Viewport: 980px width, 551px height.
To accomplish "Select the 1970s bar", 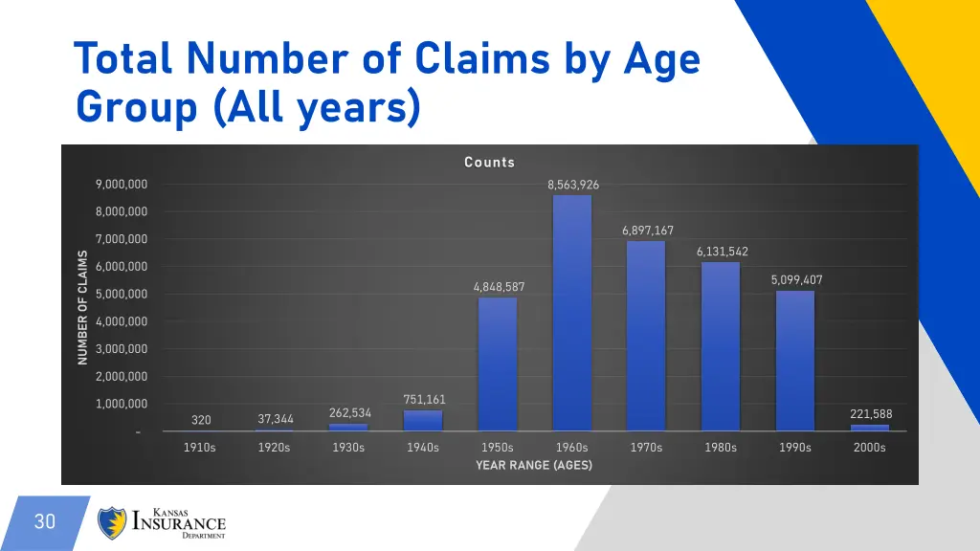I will coord(646,336).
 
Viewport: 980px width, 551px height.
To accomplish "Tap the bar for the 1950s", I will coord(498,364).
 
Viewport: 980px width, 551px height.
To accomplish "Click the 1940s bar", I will coord(423,421).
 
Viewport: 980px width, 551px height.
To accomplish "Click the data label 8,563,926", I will coord(573,185).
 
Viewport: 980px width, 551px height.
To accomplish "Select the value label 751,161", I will coord(424,400).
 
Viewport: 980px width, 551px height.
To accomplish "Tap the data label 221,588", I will coord(871,414).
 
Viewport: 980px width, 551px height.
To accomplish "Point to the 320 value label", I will coord(201,420).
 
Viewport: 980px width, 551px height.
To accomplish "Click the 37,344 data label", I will coord(276,419).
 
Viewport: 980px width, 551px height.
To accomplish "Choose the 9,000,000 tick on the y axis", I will coord(122,184).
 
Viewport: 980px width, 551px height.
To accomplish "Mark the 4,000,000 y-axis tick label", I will coord(122,321).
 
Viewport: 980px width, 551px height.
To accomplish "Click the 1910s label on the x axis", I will coord(200,447).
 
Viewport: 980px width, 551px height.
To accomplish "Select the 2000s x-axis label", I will coord(870,447).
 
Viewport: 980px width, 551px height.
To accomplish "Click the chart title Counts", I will coord(490,163).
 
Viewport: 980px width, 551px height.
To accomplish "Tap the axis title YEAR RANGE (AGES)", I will coord(534,465).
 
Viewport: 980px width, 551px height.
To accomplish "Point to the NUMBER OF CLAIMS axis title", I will coord(82,307).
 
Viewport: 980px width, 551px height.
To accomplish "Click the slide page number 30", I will coord(45,521).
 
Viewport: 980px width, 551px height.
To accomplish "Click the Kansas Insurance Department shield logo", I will coord(112,522).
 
